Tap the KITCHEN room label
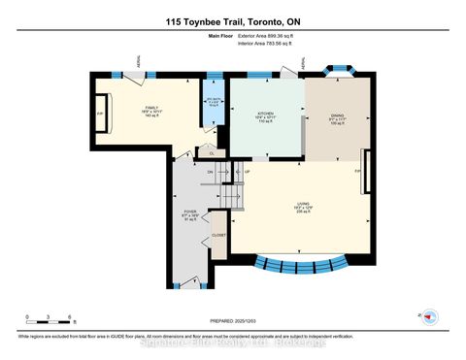point(263,114)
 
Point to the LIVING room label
point(298,207)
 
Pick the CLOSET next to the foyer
point(219,235)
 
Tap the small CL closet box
point(211,151)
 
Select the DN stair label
point(209,173)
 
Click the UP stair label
point(247,173)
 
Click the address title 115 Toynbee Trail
point(232,16)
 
